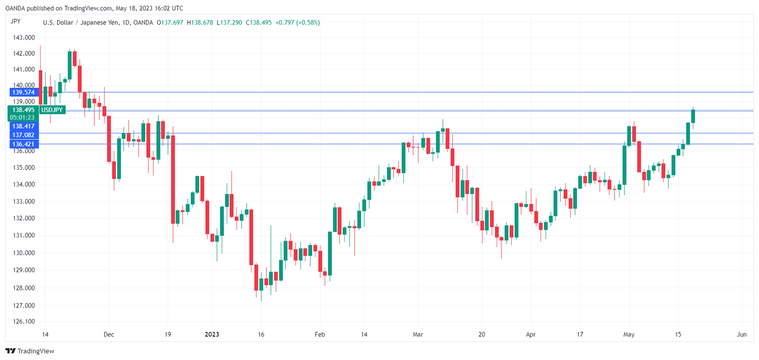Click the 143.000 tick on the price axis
[23, 37]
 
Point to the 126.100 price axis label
[23, 322]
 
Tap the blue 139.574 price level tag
[23, 93]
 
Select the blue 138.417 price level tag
[23, 126]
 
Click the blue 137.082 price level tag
[23, 134]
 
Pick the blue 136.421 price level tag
[23, 144]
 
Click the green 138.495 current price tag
[24, 110]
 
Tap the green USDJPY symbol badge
[53, 110]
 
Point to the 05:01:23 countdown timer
[23, 117]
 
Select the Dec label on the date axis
[108, 335]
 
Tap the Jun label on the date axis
[742, 335]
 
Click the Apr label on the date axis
[531, 335]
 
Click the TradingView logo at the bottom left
[30, 351]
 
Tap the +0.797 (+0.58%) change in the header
[298, 23]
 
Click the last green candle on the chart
[693, 116]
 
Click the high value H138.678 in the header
[200, 23]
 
